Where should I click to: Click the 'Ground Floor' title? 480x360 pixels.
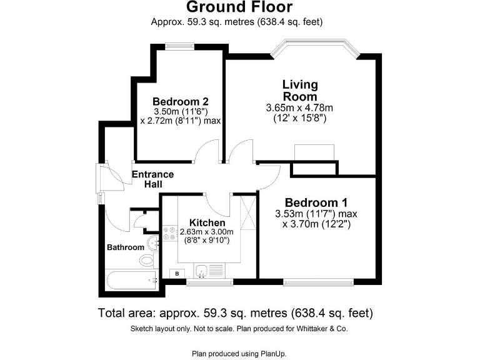pyautogui.click(x=239, y=7)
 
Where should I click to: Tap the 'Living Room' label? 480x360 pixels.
pyautogui.click(x=300, y=90)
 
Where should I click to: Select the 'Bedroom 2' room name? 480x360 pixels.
pyautogui.click(x=180, y=102)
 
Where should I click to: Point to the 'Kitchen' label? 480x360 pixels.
pyautogui.click(x=207, y=223)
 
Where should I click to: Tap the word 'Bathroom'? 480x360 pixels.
pyautogui.click(x=125, y=247)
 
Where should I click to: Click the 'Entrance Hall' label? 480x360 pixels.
pyautogui.click(x=153, y=179)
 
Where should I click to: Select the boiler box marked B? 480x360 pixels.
pyautogui.click(x=177, y=274)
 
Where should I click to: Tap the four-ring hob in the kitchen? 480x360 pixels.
pyautogui.click(x=169, y=233)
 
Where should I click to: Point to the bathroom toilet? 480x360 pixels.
pyautogui.click(x=147, y=260)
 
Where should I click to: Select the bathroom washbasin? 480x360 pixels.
pyautogui.click(x=152, y=242)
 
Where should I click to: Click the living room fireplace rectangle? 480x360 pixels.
pyautogui.click(x=316, y=152)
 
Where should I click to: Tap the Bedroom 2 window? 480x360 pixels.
pyautogui.click(x=179, y=44)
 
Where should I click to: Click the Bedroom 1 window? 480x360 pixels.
pyautogui.click(x=317, y=281)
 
